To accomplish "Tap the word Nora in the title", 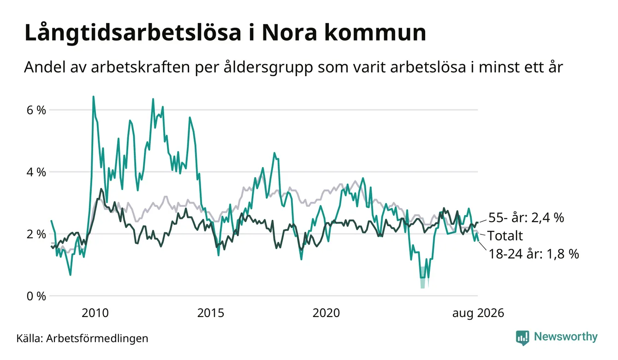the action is pyautogui.click(x=290, y=33).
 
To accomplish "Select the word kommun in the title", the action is pyautogui.click(x=375, y=33).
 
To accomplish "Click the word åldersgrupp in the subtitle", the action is pyautogui.click(x=268, y=67).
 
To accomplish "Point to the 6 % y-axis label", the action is pyautogui.click(x=36, y=110).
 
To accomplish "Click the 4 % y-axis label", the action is pyautogui.click(x=36, y=172).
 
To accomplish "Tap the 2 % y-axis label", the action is pyautogui.click(x=36, y=234).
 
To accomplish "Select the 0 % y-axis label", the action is pyautogui.click(x=36, y=296).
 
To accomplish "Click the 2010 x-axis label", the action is pyautogui.click(x=95, y=313).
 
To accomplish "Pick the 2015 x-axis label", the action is pyautogui.click(x=211, y=313).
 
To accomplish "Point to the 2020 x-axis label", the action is pyautogui.click(x=326, y=313).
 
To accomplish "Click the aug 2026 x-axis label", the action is pyautogui.click(x=478, y=313).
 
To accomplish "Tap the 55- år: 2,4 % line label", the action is pyautogui.click(x=526, y=218).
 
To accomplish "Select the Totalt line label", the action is pyautogui.click(x=505, y=236).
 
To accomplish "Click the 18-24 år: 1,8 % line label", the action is pyautogui.click(x=534, y=254).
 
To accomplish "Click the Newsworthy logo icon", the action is pyautogui.click(x=523, y=338).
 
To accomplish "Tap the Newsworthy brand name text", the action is pyautogui.click(x=565, y=337).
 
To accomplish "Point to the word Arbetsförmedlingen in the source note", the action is pyautogui.click(x=97, y=338).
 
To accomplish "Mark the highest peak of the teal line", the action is pyautogui.click(x=93, y=96).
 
